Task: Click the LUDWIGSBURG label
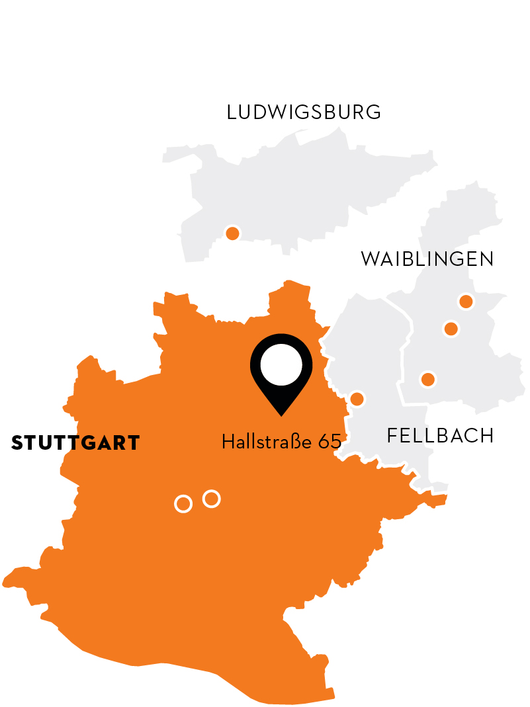click(304, 112)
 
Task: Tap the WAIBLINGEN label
click(427, 259)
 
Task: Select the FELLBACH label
click(440, 436)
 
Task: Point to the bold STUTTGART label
click(75, 443)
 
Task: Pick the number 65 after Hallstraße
click(330, 442)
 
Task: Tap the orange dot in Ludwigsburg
click(232, 233)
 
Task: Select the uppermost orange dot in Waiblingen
click(466, 302)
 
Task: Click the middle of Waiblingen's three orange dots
click(451, 329)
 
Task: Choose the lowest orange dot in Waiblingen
click(428, 380)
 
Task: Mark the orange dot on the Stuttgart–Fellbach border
click(357, 399)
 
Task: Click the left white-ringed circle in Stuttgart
click(183, 504)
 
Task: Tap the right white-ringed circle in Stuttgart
click(211, 499)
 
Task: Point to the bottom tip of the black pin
click(281, 415)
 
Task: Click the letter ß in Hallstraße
click(296, 442)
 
